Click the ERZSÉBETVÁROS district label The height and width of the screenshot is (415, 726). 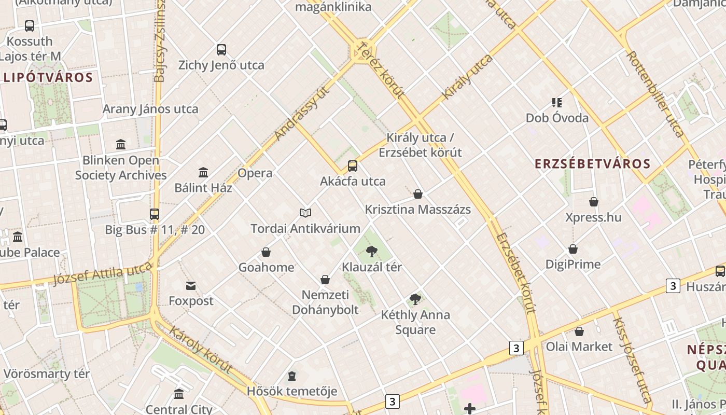point(592,164)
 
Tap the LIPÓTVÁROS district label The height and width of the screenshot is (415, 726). point(48,78)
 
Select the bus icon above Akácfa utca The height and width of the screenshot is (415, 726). point(353,166)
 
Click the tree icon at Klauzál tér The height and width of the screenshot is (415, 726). point(371,252)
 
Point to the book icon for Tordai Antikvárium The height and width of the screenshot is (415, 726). point(305,213)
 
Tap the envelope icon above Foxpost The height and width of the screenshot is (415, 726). point(191,286)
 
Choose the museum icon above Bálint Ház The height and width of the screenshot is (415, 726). point(203,172)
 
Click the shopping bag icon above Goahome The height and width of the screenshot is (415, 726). point(266,252)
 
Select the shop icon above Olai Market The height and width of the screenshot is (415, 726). point(579,331)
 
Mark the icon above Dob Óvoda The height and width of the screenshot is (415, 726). point(557,103)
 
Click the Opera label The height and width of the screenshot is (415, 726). point(255,173)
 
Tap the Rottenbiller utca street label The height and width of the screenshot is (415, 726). point(655,93)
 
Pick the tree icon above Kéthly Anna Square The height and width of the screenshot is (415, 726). point(415,299)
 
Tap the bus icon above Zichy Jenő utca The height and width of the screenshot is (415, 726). point(221,50)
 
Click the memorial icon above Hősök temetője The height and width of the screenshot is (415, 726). point(292,376)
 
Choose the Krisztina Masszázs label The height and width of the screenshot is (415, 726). point(417,210)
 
